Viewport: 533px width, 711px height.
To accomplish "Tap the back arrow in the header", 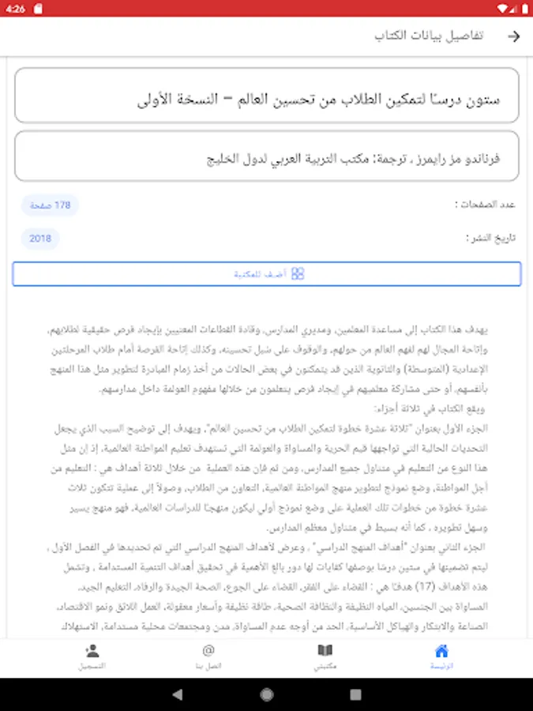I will tap(514, 36).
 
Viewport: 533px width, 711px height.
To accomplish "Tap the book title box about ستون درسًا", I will tap(267, 96).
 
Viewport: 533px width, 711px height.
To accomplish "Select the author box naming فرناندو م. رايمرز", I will tap(267, 157).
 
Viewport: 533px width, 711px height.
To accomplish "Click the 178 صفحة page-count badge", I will tap(51, 205).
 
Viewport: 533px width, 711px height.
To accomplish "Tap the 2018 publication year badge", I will tap(40, 238).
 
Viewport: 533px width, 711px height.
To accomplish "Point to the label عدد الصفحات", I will tap(486, 205).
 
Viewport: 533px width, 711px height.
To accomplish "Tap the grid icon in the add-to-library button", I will tap(298, 274).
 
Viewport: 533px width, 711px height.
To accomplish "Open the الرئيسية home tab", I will tap(441, 656).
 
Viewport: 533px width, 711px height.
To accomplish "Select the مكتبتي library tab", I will tap(325, 656).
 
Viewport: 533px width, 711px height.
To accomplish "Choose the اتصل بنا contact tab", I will tap(208, 656).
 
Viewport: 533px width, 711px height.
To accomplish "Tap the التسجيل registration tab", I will tap(92, 656).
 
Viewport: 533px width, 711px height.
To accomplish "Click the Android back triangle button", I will tap(178, 694).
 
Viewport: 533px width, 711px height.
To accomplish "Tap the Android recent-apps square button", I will tap(355, 694).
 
